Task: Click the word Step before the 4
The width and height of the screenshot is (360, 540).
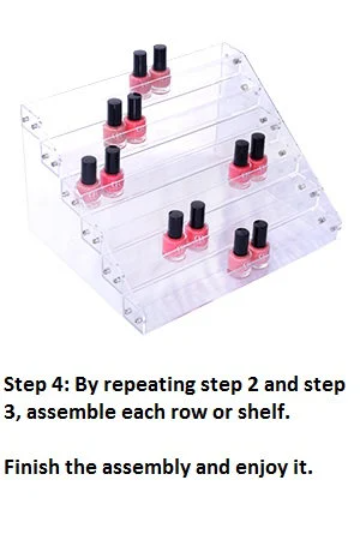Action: [x=25, y=385]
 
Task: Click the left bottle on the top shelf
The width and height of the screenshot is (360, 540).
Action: [x=140, y=72]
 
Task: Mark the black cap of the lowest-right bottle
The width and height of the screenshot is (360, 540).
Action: [x=261, y=234]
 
